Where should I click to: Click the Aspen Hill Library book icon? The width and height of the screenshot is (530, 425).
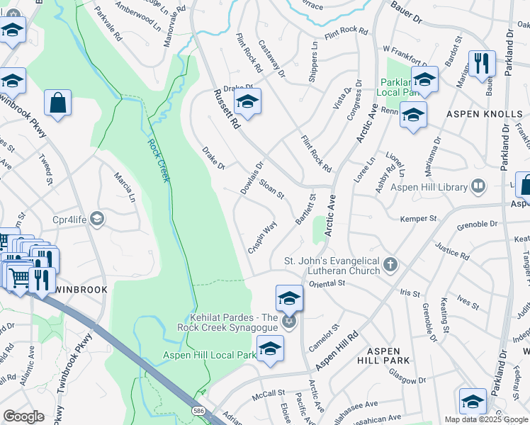pyautogui.click(x=479, y=187)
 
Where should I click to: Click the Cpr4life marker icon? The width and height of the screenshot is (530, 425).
pyautogui.click(x=96, y=219)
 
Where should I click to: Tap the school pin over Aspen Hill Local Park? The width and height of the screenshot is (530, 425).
pyautogui.click(x=270, y=348)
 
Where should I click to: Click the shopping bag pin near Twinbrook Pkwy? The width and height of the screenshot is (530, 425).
pyautogui.click(x=57, y=102)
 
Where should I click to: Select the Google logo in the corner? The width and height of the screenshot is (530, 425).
pyautogui.click(x=23, y=416)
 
